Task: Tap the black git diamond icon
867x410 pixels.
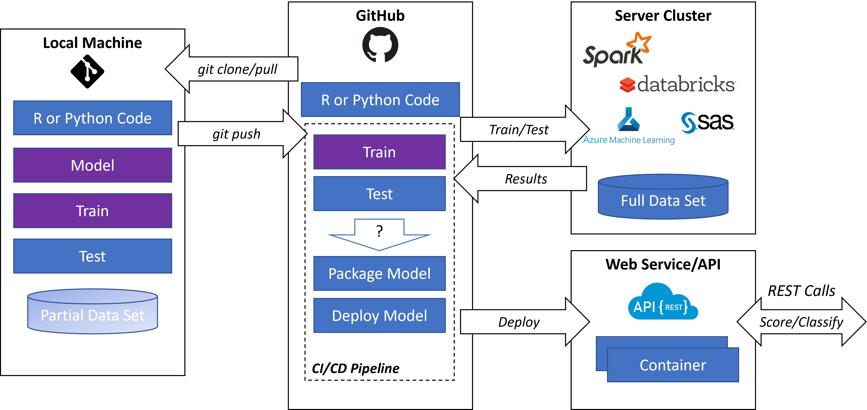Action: tap(87, 71)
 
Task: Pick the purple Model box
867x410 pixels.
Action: tap(92, 165)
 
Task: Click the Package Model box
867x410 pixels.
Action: tap(379, 273)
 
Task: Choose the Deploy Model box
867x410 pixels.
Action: tap(379, 315)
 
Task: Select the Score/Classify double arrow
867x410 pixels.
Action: tap(801, 322)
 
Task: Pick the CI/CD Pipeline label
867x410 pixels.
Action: tap(355, 368)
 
